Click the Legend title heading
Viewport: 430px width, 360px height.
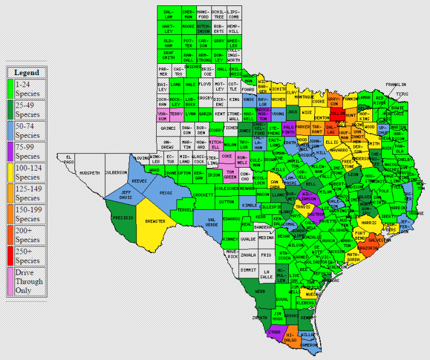26,72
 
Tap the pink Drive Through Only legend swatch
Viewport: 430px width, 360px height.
10,281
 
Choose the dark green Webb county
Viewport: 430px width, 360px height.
259,291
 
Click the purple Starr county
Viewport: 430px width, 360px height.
274,331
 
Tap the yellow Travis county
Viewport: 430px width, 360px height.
304,207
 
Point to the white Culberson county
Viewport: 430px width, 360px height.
116,172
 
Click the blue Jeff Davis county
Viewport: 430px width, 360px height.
126,196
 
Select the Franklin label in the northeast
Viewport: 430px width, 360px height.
396,85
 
